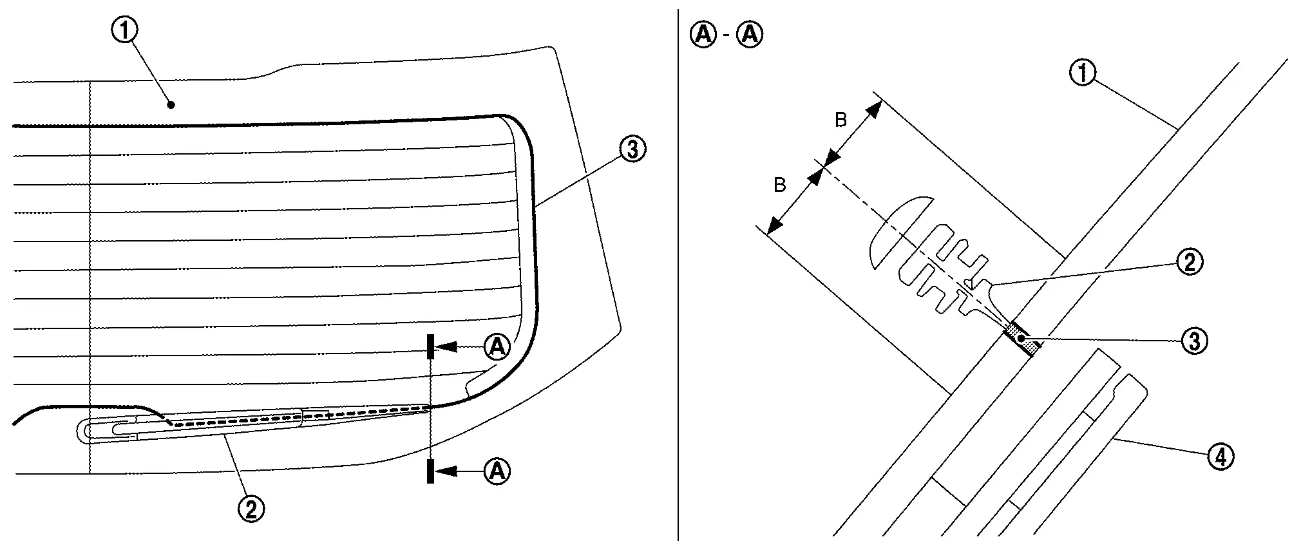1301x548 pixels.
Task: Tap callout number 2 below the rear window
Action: tap(251, 509)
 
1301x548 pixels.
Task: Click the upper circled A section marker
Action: tap(497, 347)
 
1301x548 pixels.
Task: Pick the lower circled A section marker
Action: tap(497, 471)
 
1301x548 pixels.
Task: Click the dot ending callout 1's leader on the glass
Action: tap(171, 104)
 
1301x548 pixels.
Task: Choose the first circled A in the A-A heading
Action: tap(703, 34)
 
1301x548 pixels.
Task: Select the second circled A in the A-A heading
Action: tap(750, 34)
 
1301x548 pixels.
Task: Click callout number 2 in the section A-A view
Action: tap(1189, 262)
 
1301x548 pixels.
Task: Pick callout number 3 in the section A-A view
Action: tap(1194, 340)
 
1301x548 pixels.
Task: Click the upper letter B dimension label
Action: tap(840, 120)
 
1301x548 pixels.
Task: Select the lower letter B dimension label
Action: tap(780, 185)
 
